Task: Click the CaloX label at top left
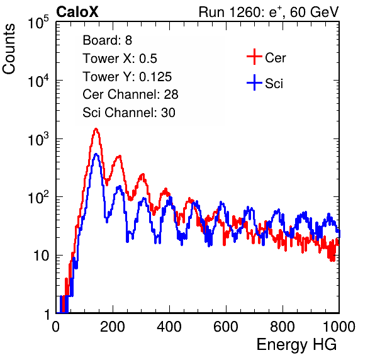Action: click(x=77, y=12)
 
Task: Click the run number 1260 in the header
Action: click(x=243, y=12)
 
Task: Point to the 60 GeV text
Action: click(x=315, y=13)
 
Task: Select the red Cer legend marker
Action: click(x=254, y=57)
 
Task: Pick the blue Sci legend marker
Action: click(x=254, y=83)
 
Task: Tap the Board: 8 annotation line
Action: click(x=108, y=40)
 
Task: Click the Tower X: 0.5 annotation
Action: click(x=120, y=59)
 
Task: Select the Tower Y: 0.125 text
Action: click(x=127, y=77)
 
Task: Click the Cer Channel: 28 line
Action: click(x=130, y=94)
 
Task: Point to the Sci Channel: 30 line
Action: click(x=129, y=113)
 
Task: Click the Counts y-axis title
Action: click(x=9, y=49)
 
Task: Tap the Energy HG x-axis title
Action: click(x=296, y=345)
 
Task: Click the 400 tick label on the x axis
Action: click(x=169, y=327)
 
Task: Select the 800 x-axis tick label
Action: click(x=283, y=327)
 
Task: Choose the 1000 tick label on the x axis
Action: click(x=339, y=327)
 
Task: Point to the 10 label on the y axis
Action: click(x=42, y=256)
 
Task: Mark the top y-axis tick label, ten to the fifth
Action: click(x=38, y=22)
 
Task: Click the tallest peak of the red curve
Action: click(x=96, y=129)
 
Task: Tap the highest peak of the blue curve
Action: click(x=96, y=154)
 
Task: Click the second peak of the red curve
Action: click(x=119, y=157)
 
